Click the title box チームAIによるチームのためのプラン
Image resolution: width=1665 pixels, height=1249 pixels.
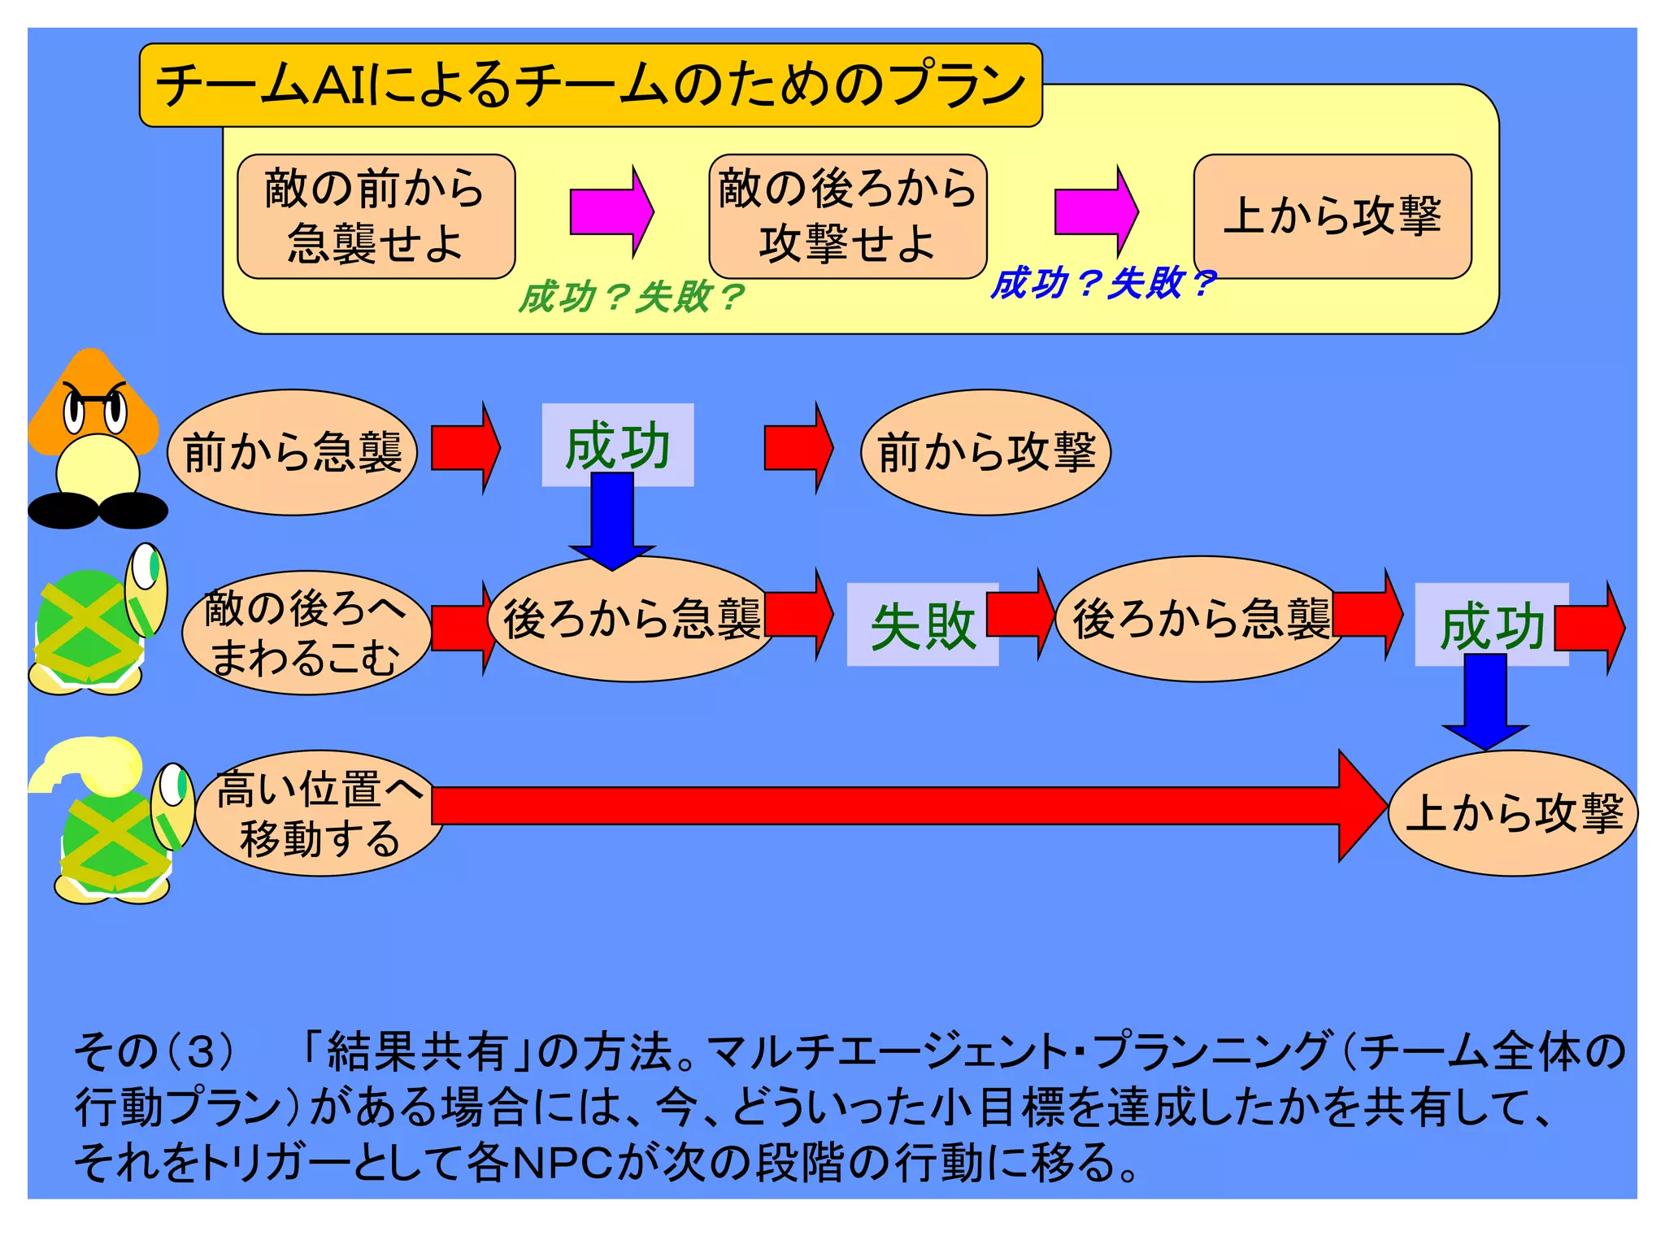tap(590, 85)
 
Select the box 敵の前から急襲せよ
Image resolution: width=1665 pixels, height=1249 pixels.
tap(376, 216)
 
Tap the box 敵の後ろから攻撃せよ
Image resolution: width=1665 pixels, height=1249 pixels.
tap(847, 216)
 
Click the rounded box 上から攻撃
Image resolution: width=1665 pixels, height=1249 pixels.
tap(1332, 216)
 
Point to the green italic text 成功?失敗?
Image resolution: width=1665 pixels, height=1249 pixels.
tap(630, 297)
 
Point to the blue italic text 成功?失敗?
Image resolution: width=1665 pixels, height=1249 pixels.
tap(1102, 283)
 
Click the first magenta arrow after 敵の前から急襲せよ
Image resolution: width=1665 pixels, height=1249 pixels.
tap(611, 211)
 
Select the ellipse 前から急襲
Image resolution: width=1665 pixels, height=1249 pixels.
tap(292, 452)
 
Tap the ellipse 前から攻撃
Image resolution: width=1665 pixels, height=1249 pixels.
tap(985, 452)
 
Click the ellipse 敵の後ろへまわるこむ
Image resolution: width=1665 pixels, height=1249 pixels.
tap(306, 633)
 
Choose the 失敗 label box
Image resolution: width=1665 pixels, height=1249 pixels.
tap(922, 624)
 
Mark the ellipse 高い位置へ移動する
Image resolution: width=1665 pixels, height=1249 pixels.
tap(320, 812)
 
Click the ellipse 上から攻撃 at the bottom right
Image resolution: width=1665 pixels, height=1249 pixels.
tap(1513, 812)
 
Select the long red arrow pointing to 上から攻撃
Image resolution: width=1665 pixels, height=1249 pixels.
tap(894, 805)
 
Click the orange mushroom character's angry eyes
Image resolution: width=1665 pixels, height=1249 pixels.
tap(96, 411)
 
